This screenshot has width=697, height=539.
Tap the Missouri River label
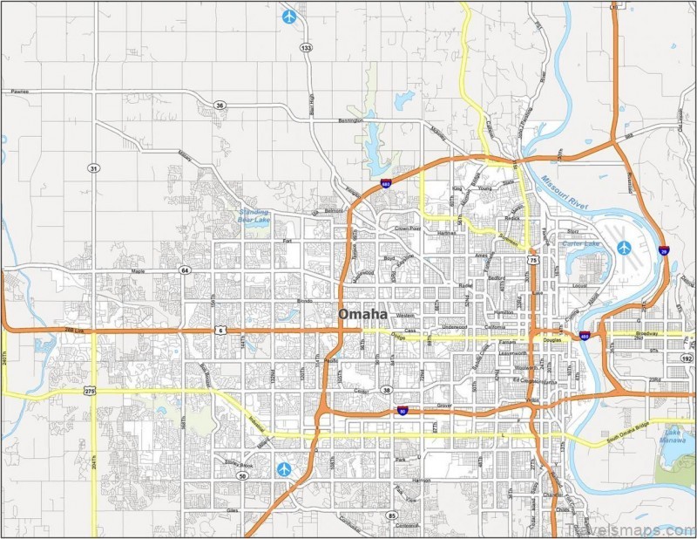pos(565,192)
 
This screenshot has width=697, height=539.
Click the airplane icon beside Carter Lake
pos(624,248)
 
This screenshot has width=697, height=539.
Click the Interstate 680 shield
pos(385,183)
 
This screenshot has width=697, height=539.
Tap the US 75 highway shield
pos(532,260)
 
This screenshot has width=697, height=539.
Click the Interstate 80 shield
pos(402,409)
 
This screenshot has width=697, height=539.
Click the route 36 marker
pos(220,106)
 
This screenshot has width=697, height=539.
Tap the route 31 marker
pos(92,167)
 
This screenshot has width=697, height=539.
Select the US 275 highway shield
pos(91,392)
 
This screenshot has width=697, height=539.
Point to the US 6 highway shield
pos(222,331)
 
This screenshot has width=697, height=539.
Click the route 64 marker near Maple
pos(185,270)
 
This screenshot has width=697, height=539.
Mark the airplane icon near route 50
pos(284,469)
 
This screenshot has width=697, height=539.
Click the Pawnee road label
pos(20,91)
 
